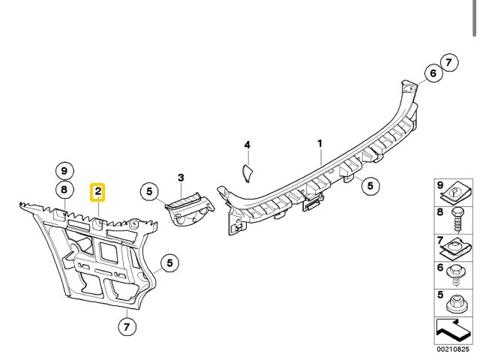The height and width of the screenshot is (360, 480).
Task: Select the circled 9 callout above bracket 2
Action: pyautogui.click(x=64, y=170)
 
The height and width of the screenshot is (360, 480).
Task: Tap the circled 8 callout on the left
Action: pyautogui.click(x=64, y=190)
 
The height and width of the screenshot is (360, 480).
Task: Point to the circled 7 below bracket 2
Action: pyautogui.click(x=127, y=326)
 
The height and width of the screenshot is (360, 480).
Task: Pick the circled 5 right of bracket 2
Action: pyautogui.click(x=170, y=262)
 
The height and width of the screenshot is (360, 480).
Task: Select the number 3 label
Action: pyautogui.click(x=181, y=178)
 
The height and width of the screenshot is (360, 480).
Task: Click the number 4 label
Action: pyautogui.click(x=247, y=145)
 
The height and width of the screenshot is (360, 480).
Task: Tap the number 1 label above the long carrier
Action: pyautogui.click(x=319, y=142)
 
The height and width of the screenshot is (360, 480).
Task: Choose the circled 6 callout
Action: pyautogui.click(x=432, y=73)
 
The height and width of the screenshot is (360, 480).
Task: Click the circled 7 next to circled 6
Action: pyautogui.click(x=448, y=63)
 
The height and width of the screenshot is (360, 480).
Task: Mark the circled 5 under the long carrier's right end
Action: pyautogui.click(x=368, y=186)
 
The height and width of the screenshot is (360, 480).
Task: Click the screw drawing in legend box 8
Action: pyautogui.click(x=454, y=221)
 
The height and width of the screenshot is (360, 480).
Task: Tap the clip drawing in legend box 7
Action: pyautogui.click(x=454, y=247)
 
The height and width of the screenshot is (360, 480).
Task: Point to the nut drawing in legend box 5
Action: pyautogui.click(x=454, y=304)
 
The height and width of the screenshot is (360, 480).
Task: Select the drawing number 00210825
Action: pyautogui.click(x=452, y=349)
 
